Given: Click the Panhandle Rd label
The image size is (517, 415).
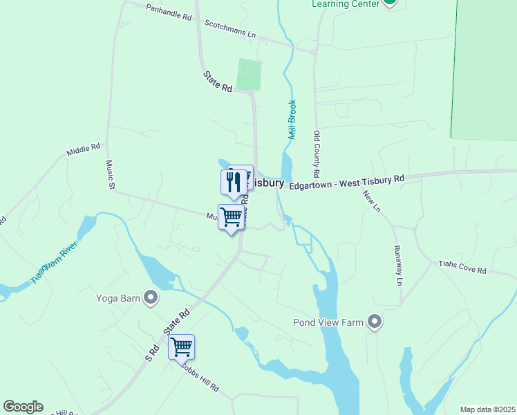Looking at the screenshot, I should pyautogui.click(x=168, y=12).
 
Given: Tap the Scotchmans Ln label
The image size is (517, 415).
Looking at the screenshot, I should pyautogui.click(x=230, y=28).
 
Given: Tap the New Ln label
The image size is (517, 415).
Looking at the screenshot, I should pyautogui.click(x=371, y=201).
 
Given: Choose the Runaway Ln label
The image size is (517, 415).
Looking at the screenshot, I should pyautogui.click(x=398, y=266).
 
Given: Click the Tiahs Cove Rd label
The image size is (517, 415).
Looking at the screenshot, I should pyautogui.click(x=462, y=267).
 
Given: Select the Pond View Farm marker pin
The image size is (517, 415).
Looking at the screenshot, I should pyautogui.click(x=375, y=322).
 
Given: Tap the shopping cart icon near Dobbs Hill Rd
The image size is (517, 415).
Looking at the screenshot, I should pyautogui.click(x=181, y=346).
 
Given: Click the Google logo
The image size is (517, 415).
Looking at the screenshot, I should pyautogui.click(x=23, y=407).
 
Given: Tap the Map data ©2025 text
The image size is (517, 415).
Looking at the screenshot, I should pyautogui.click(x=488, y=409).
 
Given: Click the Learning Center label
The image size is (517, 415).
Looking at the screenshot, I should pyautogui.click(x=346, y=4).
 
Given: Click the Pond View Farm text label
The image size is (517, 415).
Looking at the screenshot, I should pyautogui.click(x=328, y=322).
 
